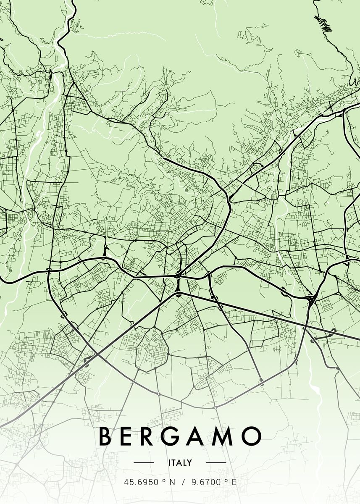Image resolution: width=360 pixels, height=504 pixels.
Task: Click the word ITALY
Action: click(180, 463)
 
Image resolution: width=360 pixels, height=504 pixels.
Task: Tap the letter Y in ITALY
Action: click(190, 463)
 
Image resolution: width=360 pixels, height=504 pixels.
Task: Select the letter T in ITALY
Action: click(174, 463)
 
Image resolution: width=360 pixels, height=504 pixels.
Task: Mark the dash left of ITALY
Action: click(144, 463)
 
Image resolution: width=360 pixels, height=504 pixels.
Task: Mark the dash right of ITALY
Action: click(216, 463)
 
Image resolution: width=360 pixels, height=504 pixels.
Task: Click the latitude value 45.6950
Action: click(141, 482)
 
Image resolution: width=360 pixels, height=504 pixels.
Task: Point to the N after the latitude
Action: click(172, 482)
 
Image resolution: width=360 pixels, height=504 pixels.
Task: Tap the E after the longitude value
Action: click(234, 482)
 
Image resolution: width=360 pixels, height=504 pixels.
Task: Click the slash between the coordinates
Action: click(183, 482)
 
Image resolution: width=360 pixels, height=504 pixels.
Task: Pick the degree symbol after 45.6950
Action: click(164, 480)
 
